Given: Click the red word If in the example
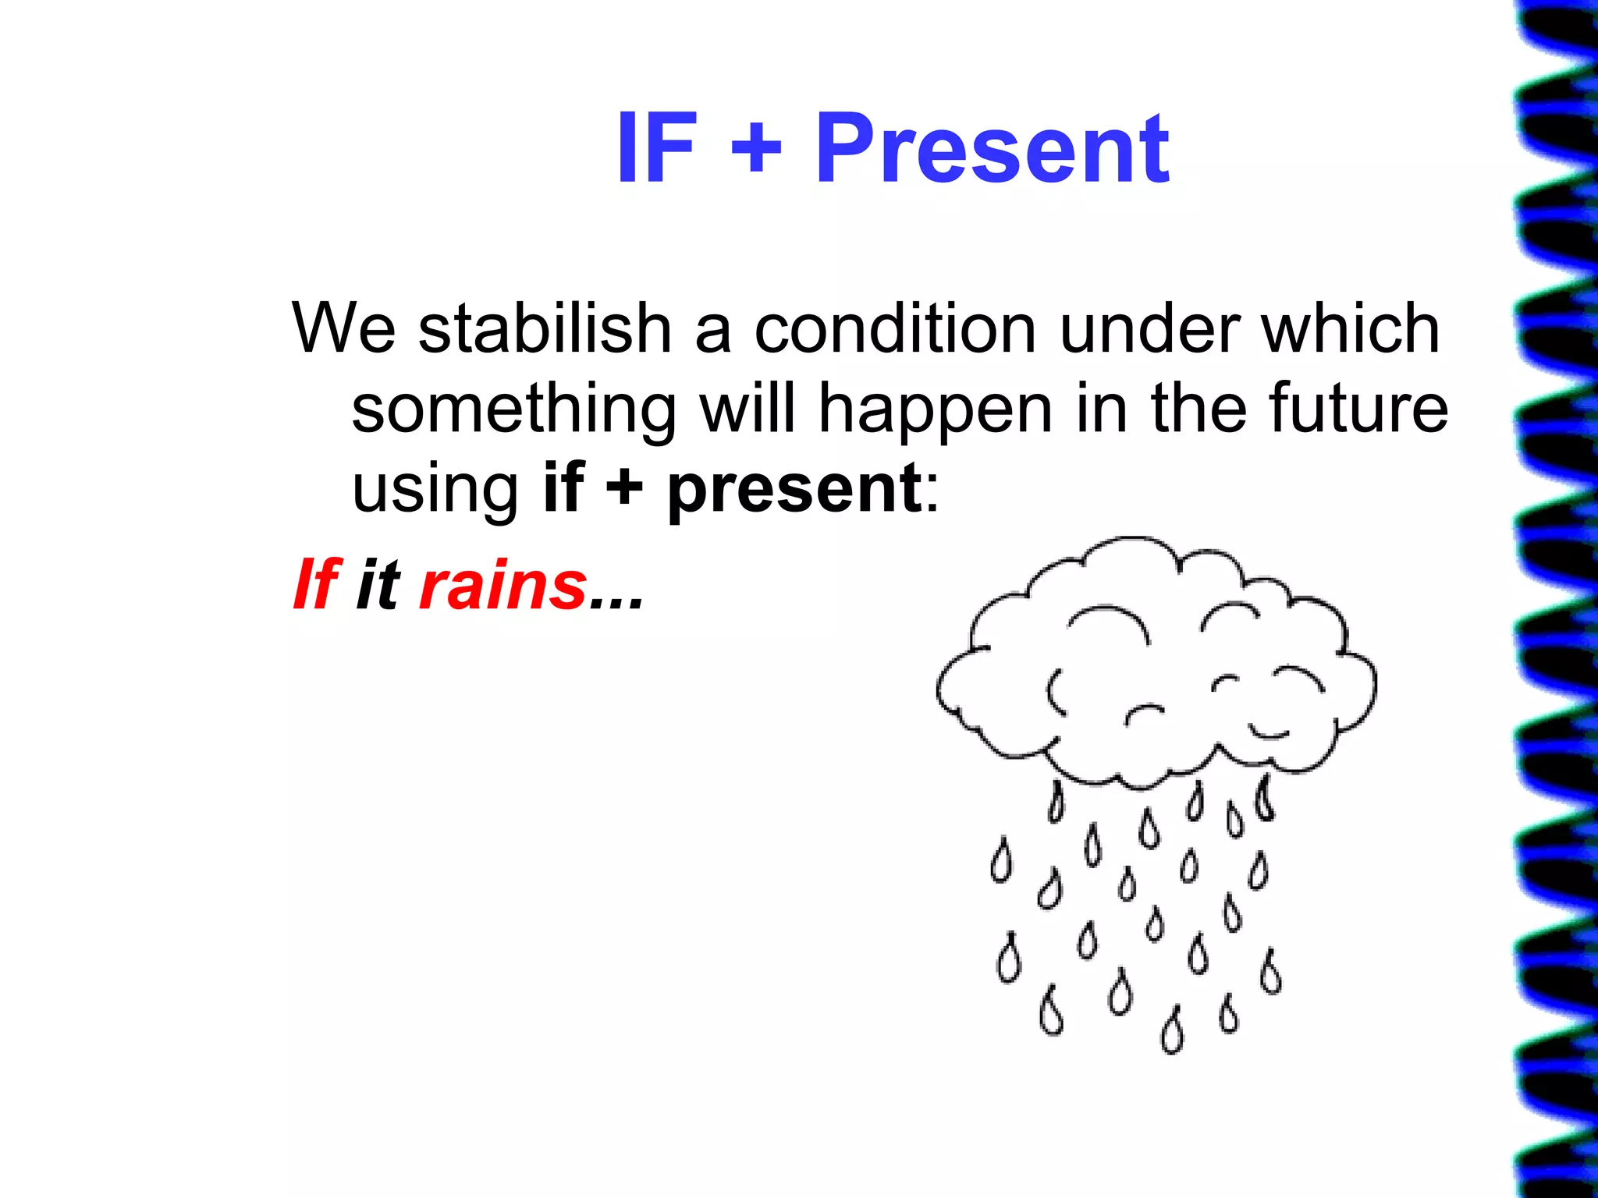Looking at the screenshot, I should click(x=316, y=585).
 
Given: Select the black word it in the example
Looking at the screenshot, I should click(x=378, y=585).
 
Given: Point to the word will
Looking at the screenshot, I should click(x=748, y=409).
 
